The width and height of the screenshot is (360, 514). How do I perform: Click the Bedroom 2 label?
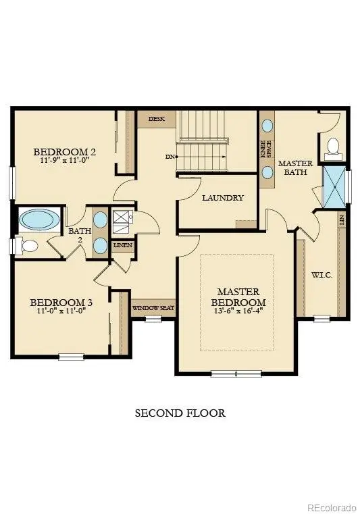[65, 152]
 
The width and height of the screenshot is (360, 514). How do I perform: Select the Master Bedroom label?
[238, 297]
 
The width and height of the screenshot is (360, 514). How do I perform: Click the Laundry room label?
[223, 198]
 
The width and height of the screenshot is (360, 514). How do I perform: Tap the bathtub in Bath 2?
[39, 220]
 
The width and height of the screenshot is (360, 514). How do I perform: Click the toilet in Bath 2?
[29, 246]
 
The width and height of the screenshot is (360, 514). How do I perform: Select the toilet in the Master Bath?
[333, 147]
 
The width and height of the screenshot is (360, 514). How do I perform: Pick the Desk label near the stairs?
[157, 119]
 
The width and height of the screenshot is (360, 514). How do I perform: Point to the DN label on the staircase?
[171, 157]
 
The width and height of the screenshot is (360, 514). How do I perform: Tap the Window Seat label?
[153, 308]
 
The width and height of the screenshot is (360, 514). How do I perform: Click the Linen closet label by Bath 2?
[123, 246]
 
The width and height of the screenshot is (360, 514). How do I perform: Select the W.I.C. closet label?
[321, 276]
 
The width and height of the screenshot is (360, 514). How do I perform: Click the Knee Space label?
[266, 149]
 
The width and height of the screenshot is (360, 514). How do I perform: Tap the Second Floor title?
[180, 413]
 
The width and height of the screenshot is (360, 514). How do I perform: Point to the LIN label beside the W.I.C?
[342, 220]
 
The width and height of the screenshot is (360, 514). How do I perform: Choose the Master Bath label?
[294, 168]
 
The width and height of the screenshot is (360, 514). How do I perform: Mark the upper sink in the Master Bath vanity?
[267, 126]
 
